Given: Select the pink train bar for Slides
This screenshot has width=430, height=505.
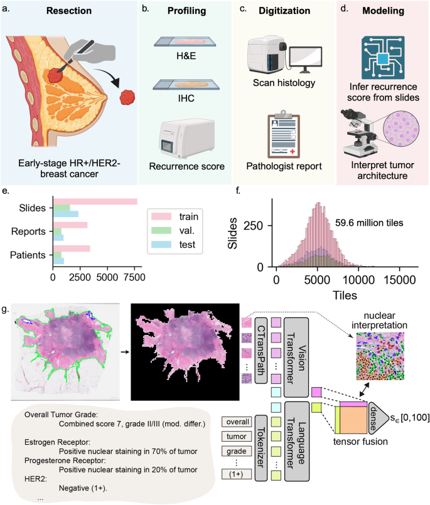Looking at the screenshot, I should [94, 201].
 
